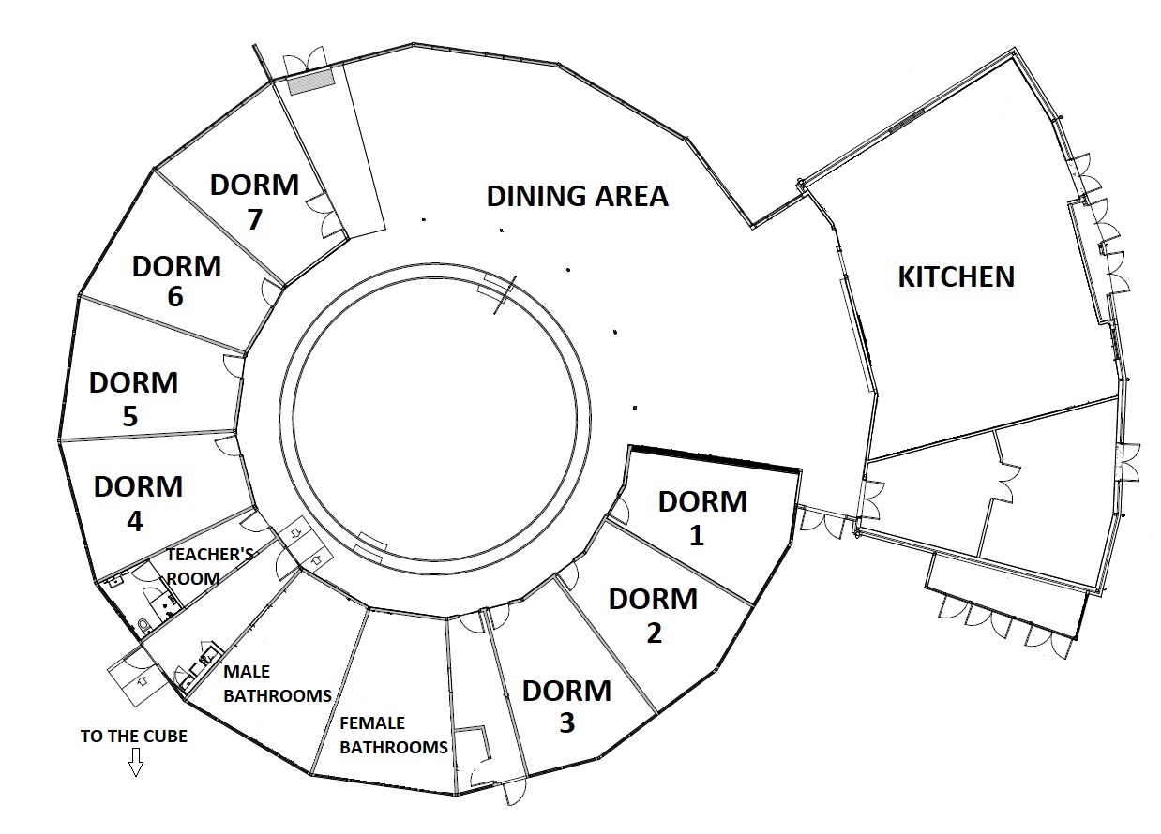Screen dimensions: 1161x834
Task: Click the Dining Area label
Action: click(578, 196)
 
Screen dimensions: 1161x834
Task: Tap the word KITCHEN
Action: click(957, 276)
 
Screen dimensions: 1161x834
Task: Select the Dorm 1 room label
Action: click(702, 518)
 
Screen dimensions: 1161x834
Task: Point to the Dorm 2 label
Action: click(653, 616)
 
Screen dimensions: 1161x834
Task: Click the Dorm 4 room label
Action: click(138, 503)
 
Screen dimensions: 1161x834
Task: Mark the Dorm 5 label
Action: click(133, 399)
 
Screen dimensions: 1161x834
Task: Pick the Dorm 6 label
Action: click(176, 282)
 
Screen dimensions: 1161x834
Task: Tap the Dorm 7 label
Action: click(254, 201)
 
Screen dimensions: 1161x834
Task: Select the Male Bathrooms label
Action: click(278, 684)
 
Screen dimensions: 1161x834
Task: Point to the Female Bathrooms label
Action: click(393, 735)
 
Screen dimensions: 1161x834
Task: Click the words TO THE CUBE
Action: click(134, 737)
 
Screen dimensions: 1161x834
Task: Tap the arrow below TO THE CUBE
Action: click(136, 764)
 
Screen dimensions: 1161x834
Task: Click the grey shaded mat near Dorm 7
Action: click(311, 82)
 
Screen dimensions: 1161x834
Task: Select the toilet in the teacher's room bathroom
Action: click(145, 627)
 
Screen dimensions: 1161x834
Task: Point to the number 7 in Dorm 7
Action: click(254, 219)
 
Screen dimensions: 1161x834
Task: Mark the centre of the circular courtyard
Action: click(435, 419)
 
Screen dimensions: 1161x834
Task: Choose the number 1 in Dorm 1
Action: click(697, 536)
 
